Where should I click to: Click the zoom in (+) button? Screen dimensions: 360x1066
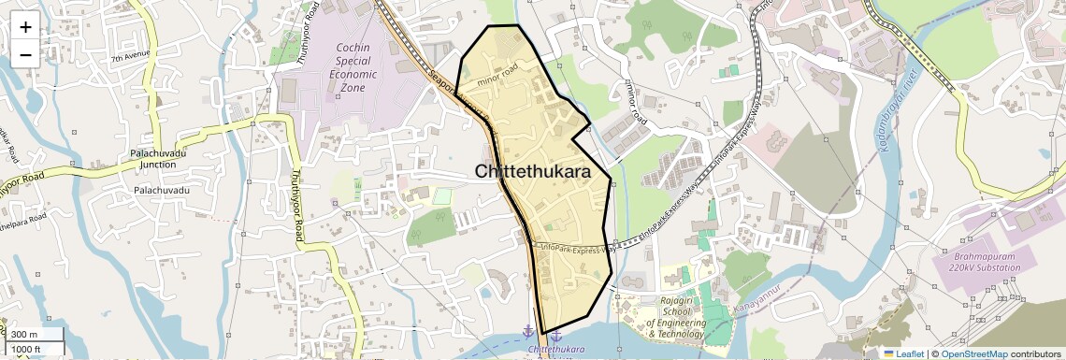tap(25, 26)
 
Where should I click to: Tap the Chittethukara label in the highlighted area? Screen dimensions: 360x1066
tap(532, 172)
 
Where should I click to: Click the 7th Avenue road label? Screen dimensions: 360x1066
tap(130, 59)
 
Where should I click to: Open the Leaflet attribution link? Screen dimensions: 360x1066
tap(903, 353)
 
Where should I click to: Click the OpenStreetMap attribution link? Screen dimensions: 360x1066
tap(973, 353)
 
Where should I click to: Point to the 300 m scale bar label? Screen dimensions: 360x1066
tap(24, 335)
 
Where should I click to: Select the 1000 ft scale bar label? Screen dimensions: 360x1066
tap(27, 349)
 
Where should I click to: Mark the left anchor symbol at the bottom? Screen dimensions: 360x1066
tap(528, 332)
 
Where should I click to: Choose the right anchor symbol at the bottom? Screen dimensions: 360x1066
tap(555, 335)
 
